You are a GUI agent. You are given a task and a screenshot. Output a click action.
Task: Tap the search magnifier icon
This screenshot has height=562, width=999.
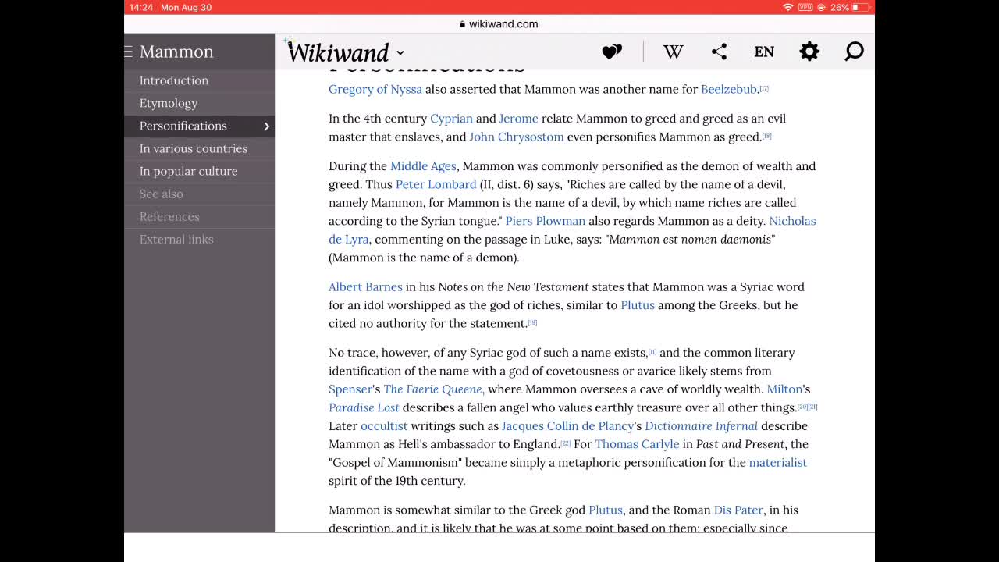pyautogui.click(x=854, y=52)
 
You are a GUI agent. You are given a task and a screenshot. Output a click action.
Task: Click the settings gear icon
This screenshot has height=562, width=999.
pyautogui.click(x=809, y=52)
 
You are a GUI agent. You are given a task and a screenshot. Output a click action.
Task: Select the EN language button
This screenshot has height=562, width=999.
pyautogui.click(x=764, y=52)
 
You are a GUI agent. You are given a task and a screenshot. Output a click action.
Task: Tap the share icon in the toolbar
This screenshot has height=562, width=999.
pyautogui.click(x=719, y=52)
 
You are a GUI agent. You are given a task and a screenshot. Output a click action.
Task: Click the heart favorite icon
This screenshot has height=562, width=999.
pyautogui.click(x=612, y=52)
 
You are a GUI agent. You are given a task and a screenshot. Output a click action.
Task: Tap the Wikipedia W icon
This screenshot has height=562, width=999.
pyautogui.click(x=673, y=52)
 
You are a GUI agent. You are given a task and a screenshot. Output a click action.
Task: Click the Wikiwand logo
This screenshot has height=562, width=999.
pyautogui.click(x=339, y=52)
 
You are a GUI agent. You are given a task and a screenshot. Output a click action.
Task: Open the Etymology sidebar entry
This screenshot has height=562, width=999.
pyautogui.click(x=169, y=103)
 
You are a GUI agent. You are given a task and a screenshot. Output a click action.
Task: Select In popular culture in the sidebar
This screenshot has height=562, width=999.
pyautogui.click(x=188, y=171)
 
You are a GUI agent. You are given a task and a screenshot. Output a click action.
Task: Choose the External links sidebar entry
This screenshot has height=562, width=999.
pyautogui.click(x=176, y=239)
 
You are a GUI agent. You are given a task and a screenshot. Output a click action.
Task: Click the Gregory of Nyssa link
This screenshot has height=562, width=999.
pyautogui.click(x=375, y=89)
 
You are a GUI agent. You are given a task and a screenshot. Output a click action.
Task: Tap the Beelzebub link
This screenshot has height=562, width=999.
pyautogui.click(x=729, y=89)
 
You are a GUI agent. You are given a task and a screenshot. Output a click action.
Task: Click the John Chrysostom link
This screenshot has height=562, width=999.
pyautogui.click(x=516, y=137)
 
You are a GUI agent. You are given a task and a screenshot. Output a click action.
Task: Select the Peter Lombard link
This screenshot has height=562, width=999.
pyautogui.click(x=436, y=184)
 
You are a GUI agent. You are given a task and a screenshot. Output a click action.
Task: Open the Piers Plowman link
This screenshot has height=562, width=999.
pyautogui.click(x=545, y=221)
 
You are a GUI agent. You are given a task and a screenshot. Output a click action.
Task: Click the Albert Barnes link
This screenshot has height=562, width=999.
pyautogui.click(x=365, y=286)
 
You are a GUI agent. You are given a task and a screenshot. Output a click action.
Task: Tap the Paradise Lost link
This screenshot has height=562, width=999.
pyautogui.click(x=364, y=407)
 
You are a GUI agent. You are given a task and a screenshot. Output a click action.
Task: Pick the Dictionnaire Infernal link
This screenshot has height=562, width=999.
pyautogui.click(x=701, y=425)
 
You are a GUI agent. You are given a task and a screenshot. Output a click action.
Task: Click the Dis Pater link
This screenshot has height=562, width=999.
pyautogui.click(x=738, y=510)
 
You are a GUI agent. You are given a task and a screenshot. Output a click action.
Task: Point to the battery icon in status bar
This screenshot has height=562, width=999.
pyautogui.click(x=861, y=7)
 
